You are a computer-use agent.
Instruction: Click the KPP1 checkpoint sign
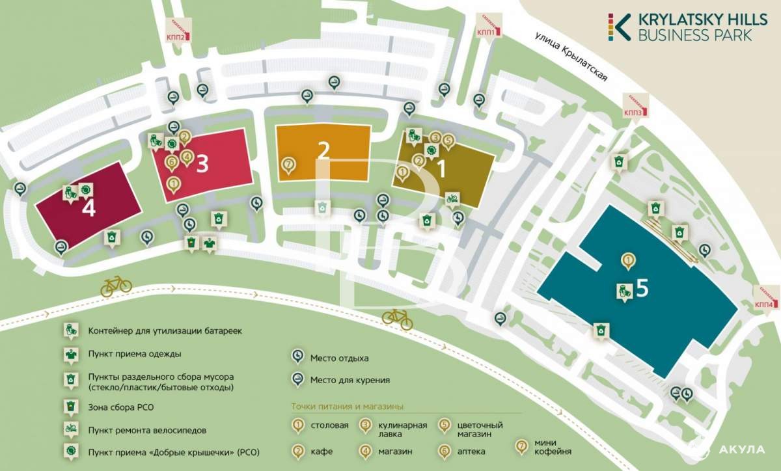489,27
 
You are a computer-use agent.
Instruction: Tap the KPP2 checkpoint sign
178,31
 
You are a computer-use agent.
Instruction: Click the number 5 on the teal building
642,288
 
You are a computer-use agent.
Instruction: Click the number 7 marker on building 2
289,165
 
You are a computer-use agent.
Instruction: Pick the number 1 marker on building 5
628,261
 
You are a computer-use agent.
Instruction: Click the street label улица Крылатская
572,57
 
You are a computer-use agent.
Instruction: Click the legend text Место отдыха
339,358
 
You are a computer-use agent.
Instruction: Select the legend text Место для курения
350,380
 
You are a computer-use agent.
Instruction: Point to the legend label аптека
471,451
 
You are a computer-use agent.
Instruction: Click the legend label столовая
329,425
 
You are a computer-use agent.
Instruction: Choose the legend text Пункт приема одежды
135,354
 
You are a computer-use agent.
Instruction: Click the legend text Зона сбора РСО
121,407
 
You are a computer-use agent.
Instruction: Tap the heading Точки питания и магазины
348,407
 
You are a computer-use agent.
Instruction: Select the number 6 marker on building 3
171,163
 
